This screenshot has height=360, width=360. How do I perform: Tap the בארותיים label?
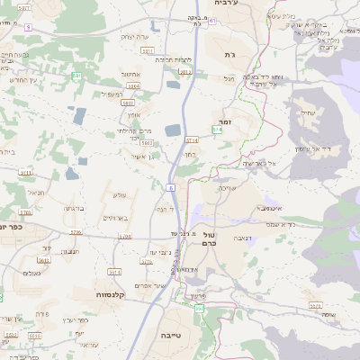pos(117,218)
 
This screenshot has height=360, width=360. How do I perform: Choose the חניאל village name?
pos(35,192)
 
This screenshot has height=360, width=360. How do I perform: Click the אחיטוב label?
pos(129,74)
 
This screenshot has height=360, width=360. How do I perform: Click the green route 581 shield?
pos(78,76)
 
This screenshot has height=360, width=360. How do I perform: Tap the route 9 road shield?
pos(27,28)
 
